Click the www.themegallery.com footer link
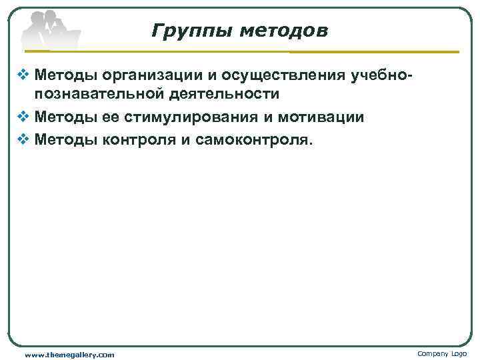69,355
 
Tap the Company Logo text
442,353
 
